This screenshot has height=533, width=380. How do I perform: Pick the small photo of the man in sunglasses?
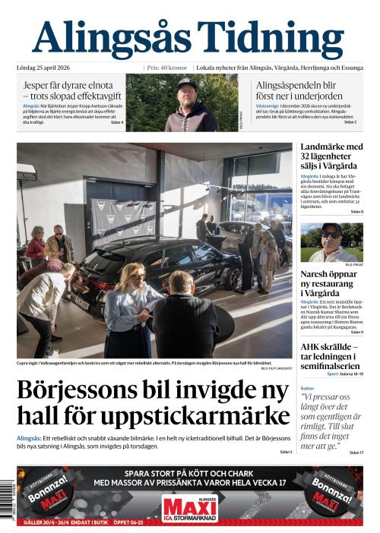coord(331,242)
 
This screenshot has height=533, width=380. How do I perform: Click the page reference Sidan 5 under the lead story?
coord(285,452)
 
